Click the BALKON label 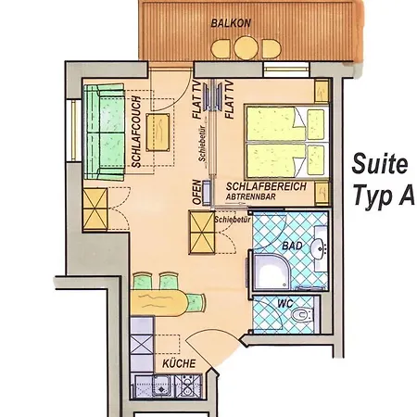231,23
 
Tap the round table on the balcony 246,48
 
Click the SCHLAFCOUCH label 136,132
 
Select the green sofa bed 104,132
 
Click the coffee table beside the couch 158,133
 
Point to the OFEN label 197,192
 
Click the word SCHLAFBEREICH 266,186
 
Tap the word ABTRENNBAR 250,196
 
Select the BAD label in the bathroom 292,246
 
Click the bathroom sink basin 319,248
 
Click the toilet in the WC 302,315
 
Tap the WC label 284,303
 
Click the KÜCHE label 179,363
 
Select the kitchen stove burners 188,385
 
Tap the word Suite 380,164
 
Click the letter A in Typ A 406,196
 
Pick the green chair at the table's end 196,302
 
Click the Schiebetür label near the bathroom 233,220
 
